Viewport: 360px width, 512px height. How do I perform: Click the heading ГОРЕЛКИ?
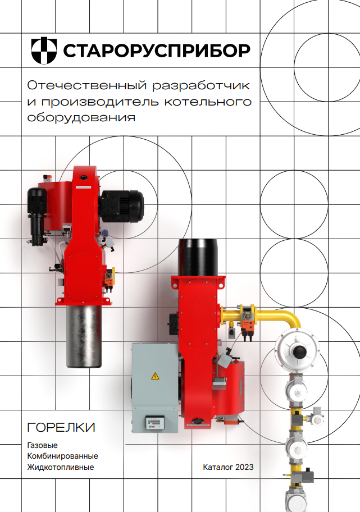coord(61,427)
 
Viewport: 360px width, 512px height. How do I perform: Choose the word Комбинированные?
coord(62,456)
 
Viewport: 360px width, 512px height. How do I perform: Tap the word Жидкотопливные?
coord(61,467)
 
